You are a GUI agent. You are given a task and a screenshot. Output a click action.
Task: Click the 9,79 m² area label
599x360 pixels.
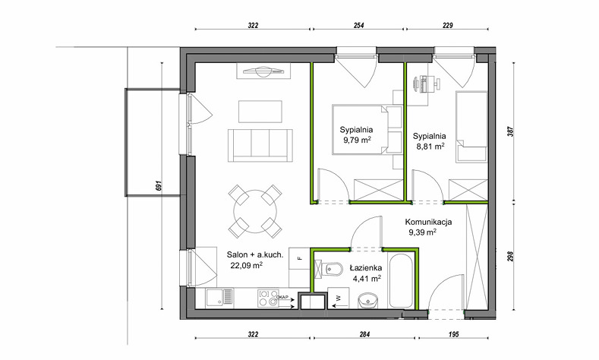point(358,140)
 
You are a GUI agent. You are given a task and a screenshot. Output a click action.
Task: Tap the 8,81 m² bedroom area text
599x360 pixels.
point(430,146)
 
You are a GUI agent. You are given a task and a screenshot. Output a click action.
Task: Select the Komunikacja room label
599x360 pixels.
point(428,222)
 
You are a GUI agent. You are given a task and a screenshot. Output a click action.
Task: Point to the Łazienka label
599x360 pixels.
point(366,268)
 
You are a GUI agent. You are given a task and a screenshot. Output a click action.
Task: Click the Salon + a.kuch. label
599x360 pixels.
point(255,255)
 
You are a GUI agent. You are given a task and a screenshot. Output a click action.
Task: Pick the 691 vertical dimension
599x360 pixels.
point(159,186)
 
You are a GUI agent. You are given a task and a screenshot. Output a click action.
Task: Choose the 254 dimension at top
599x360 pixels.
point(358,26)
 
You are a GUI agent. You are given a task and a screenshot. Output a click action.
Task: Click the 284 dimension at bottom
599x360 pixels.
point(365,335)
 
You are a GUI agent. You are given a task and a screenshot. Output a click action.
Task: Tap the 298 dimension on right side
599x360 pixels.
point(511,256)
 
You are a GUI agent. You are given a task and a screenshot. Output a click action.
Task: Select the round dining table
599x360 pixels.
point(255,211)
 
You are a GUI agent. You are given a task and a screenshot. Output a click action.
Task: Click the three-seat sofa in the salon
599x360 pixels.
point(260,145)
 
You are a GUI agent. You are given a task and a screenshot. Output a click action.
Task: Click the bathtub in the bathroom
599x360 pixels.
point(400,280)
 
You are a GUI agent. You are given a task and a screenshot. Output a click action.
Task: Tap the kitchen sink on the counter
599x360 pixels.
point(219,298)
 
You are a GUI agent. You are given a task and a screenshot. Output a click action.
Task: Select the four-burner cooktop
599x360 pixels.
point(268,298)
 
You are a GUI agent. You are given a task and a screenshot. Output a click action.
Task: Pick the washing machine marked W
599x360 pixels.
point(338,297)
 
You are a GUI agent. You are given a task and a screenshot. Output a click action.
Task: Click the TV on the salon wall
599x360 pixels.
point(263,71)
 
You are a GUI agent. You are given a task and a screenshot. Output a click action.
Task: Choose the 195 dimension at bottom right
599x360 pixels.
point(453,335)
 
